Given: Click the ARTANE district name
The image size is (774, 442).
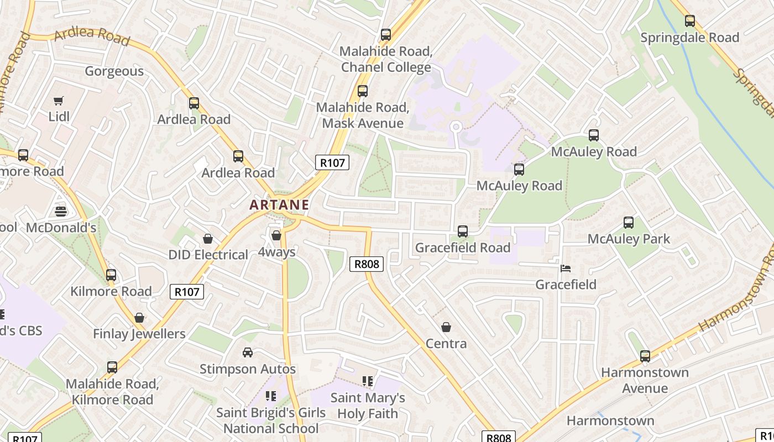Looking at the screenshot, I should coord(279,204).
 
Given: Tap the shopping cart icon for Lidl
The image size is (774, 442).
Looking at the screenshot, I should coord(58,101).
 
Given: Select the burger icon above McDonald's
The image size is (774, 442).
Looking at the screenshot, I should coord(61,211).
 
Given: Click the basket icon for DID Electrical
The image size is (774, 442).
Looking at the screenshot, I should coord(208,239).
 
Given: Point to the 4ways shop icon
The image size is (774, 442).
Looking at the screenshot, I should coord(276,235).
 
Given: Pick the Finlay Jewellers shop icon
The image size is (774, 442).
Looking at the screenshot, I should coord(139,318).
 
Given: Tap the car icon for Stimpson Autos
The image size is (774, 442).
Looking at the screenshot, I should coord(248,352).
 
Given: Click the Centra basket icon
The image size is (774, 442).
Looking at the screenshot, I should coord(446,327).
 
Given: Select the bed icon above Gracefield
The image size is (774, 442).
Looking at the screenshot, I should coord(566,269).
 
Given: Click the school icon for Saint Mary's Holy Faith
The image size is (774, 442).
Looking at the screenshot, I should coord(368,381).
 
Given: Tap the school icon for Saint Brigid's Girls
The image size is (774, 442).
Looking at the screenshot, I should coord(270,396).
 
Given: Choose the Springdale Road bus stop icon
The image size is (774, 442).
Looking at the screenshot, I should coord(690,21).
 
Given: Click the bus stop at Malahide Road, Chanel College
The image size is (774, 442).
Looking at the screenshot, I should coord(386,35).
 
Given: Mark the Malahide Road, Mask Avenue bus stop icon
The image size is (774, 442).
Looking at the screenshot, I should coord(363,91).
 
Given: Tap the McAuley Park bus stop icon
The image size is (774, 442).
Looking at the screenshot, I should coord(629,223).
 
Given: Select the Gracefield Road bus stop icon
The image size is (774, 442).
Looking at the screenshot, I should coord(463,231).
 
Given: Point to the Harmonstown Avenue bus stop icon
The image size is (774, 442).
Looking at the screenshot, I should coord(645,356).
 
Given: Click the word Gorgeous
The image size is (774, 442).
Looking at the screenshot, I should coord(114,71).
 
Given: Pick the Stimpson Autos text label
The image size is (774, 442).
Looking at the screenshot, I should coord(248,369).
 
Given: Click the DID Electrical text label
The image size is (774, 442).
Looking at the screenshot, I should coord(208,255).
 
